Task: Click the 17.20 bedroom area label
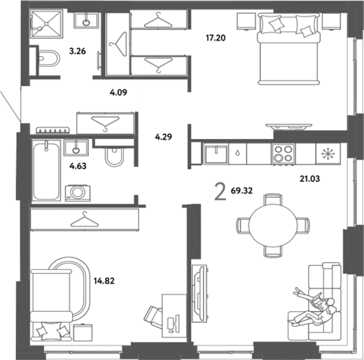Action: pyautogui.click(x=216, y=38)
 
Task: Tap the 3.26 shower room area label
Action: pyautogui.click(x=78, y=51)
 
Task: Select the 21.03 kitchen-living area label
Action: pyautogui.click(x=310, y=179)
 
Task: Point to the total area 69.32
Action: pyautogui.click(x=242, y=191)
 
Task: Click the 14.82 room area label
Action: pyautogui.click(x=104, y=281)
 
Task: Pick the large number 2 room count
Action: pyautogui.click(x=221, y=192)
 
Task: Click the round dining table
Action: pyautogui.click(x=273, y=225)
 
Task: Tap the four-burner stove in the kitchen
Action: pyautogui.click(x=283, y=154)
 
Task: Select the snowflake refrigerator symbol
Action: pyautogui.click(x=328, y=154)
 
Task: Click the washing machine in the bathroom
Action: pyautogui.click(x=78, y=193)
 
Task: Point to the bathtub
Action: pyautogui.click(x=46, y=170)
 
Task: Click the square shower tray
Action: pyautogui.click(x=46, y=24)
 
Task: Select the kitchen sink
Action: pyautogui.click(x=216, y=154)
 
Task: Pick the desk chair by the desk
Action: pyautogui.click(x=153, y=317)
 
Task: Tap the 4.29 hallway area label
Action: pyautogui.click(x=164, y=137)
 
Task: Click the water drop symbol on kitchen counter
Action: pyautogui.click(x=238, y=153)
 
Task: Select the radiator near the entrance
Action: pyautogui.click(x=53, y=130)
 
